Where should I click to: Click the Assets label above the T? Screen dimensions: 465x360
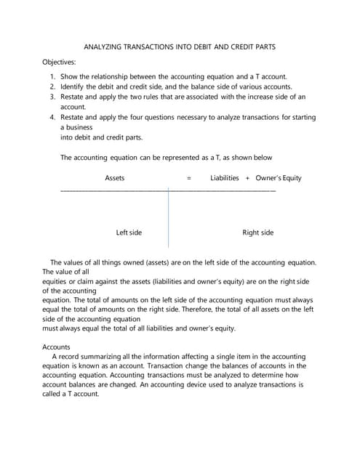pos(115,178)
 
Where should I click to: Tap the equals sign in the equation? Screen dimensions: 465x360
pos(189,178)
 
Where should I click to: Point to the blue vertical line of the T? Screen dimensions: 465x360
pos(169,218)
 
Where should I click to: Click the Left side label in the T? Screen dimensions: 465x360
pos(129,232)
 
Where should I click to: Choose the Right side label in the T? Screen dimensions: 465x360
pos(257,232)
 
